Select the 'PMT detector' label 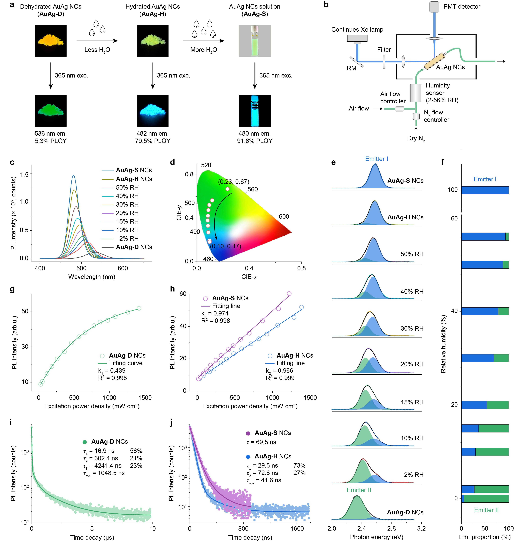462,7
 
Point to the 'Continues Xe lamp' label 357,30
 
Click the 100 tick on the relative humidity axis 453,190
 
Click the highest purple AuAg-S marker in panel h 289,294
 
